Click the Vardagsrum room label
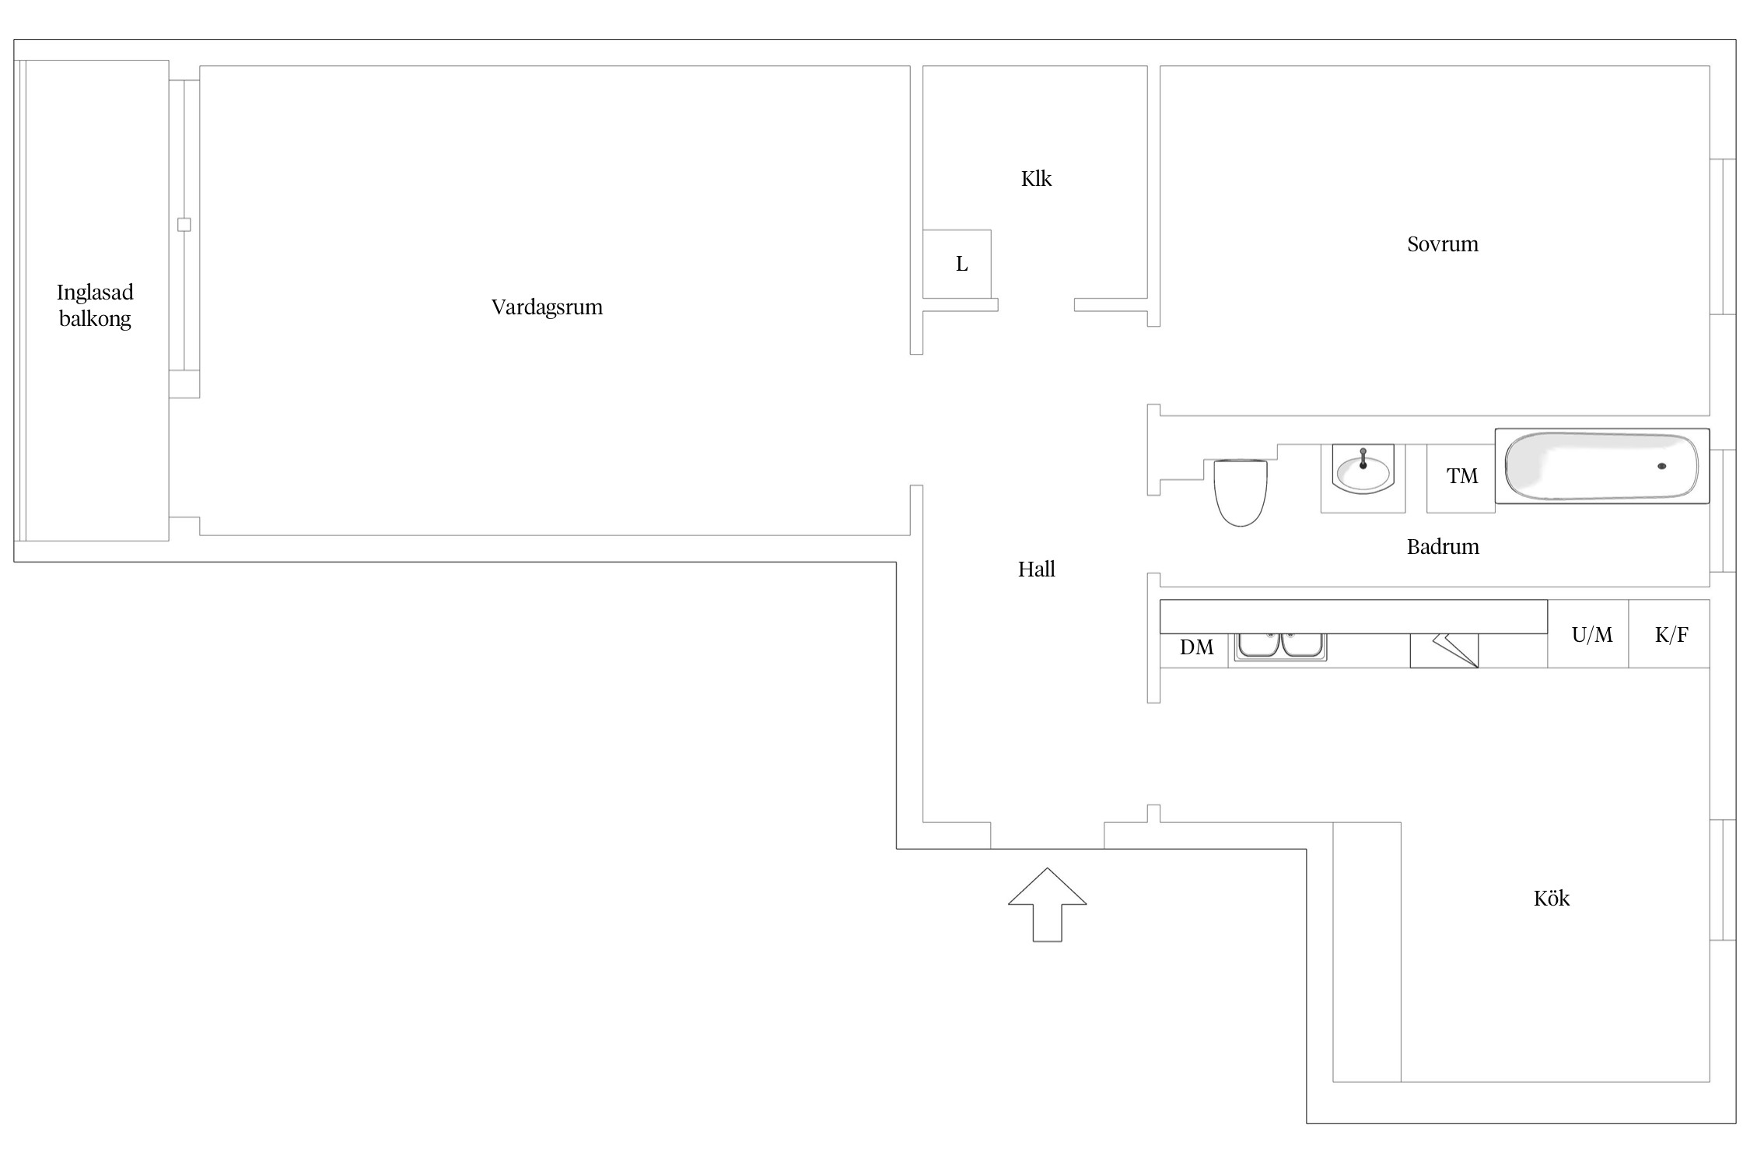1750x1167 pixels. pos(547,307)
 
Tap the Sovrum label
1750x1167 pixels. pos(1443,244)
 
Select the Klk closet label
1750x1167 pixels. pos(1036,179)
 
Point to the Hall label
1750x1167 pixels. pos(1037,569)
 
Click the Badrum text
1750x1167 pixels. pos(1443,547)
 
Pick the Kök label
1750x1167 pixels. pos(1552,899)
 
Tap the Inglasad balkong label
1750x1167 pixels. pos(95,306)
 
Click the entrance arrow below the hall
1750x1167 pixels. pos(1048,905)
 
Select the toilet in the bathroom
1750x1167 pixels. pos(1241,492)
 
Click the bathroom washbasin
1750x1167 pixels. pos(1363,469)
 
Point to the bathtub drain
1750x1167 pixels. pos(1662,466)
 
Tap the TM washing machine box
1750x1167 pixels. pos(1461,478)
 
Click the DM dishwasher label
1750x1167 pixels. pos(1196,647)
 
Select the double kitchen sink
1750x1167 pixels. pos(1281,647)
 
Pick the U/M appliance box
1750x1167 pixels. pos(1588,634)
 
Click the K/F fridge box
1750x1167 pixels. pos(1669,634)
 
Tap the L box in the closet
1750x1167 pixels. pos(957,264)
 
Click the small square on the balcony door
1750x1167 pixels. pos(184,225)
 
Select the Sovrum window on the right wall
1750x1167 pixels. pos(1723,237)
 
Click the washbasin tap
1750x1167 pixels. pos(1363,458)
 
